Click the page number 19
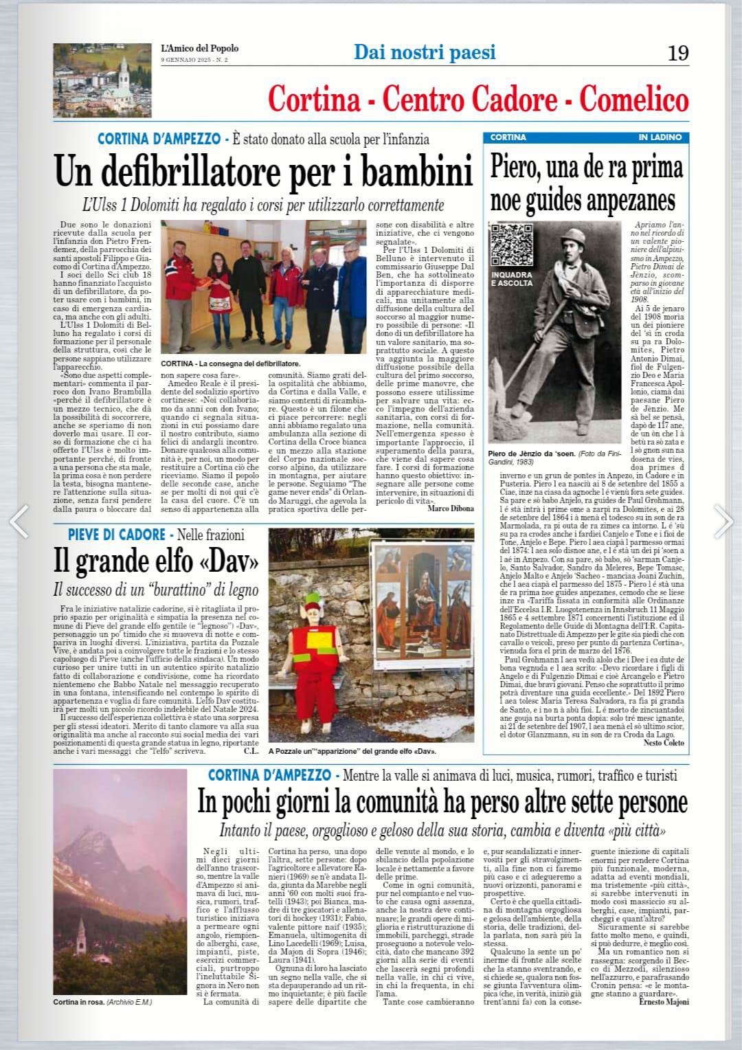click(677, 54)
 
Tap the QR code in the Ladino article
click(512, 245)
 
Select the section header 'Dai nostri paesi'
click(425, 52)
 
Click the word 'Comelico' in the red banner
click(633, 100)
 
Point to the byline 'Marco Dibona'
click(451, 508)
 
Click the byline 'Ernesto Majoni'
click(663, 1001)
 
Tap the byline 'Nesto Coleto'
click(664, 742)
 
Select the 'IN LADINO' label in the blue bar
click(660, 137)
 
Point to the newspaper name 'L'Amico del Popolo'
click(200, 48)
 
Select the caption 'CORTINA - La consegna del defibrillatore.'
click(231, 364)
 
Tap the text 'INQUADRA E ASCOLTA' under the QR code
click(512, 278)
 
